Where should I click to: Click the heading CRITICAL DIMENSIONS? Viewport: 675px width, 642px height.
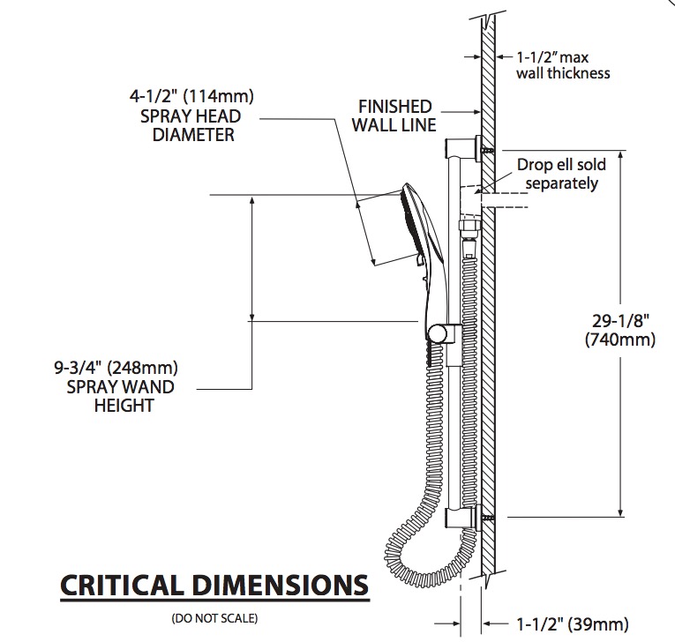(214, 586)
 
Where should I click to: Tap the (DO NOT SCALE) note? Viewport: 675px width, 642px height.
(214, 618)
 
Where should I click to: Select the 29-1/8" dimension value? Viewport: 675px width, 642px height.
(620, 321)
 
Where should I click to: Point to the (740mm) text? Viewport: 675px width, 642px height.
(620, 340)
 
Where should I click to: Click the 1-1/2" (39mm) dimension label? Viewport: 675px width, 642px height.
(572, 624)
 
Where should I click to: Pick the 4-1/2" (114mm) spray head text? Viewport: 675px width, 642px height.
(191, 96)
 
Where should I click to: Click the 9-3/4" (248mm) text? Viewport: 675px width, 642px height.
(116, 368)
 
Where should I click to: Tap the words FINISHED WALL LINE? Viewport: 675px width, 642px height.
(394, 116)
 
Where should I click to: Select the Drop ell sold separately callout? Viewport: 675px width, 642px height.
(561, 174)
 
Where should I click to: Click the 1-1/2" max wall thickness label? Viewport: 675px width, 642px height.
(563, 65)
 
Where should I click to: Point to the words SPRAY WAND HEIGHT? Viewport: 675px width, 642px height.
(121, 396)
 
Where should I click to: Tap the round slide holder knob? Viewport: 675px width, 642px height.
(438, 333)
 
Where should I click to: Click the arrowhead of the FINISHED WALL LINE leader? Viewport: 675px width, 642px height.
(477, 112)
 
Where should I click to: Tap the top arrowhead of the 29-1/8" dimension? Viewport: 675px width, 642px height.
(621, 156)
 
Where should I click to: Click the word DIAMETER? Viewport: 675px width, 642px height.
(193, 135)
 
